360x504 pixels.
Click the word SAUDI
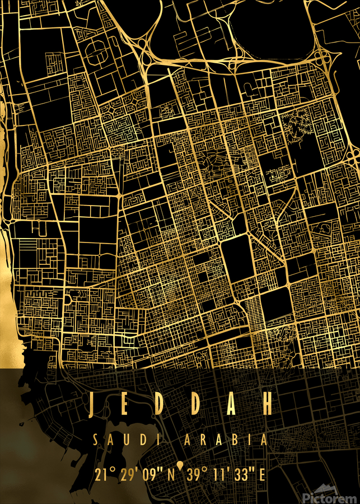(x=122, y=440)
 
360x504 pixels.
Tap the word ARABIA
(x=226, y=440)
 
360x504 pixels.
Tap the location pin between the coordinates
(x=180, y=466)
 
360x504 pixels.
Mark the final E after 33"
(x=261, y=475)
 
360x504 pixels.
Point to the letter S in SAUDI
(x=96, y=440)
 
